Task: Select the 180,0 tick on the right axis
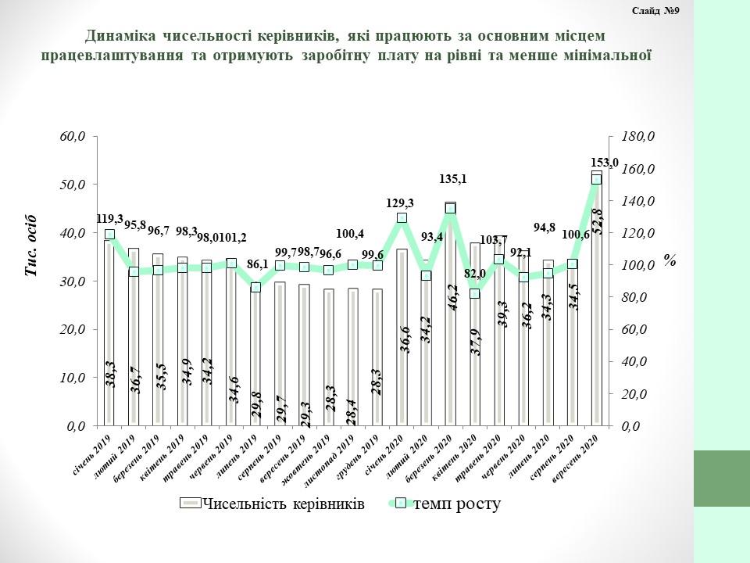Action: (637, 137)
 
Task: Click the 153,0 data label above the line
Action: (605, 163)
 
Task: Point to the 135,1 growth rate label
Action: (454, 179)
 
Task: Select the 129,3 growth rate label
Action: (400, 203)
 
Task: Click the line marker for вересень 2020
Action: (596, 180)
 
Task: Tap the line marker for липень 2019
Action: (255, 288)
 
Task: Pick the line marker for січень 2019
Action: (109, 234)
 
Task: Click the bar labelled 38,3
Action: (109, 336)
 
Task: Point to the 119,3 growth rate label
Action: (109, 219)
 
